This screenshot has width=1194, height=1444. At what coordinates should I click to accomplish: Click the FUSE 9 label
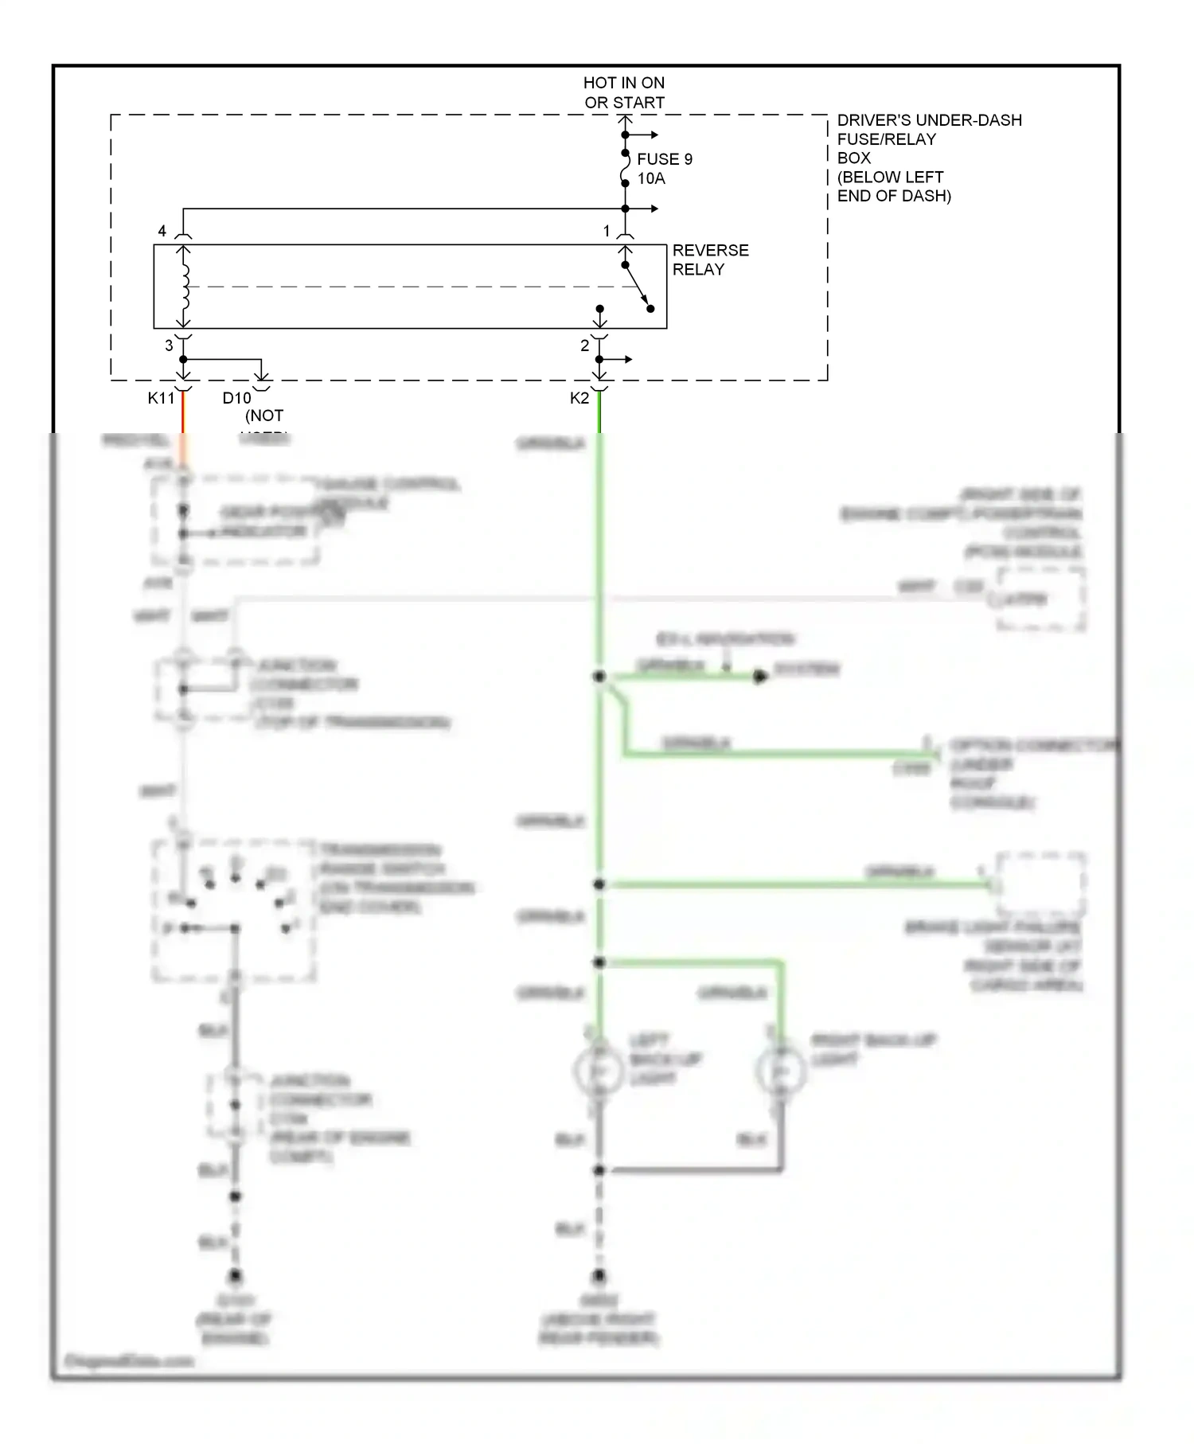(x=664, y=159)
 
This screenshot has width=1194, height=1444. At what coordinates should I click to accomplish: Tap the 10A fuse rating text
(x=650, y=178)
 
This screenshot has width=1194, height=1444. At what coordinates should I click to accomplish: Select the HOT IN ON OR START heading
(x=623, y=92)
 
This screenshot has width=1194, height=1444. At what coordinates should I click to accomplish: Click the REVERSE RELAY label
(x=710, y=260)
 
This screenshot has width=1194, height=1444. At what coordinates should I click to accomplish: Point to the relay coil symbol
(x=185, y=287)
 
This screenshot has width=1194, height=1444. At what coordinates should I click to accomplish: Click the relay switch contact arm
(x=637, y=287)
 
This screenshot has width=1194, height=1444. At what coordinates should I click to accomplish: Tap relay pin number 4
(x=162, y=231)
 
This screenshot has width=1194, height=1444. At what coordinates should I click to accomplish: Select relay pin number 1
(x=607, y=231)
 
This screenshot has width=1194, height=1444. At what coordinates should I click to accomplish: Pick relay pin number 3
(x=169, y=345)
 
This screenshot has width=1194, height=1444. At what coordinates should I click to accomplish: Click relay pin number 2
(x=584, y=345)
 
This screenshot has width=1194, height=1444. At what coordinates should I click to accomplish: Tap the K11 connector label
(x=161, y=398)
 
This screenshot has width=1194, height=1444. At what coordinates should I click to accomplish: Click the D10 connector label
(x=236, y=398)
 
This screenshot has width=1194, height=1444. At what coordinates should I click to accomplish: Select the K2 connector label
(x=579, y=398)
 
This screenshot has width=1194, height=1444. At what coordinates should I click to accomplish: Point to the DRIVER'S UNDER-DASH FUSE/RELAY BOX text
(x=928, y=158)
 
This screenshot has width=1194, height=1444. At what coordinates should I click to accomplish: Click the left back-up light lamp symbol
(x=599, y=1071)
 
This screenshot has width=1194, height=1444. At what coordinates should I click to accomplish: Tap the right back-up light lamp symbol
(x=781, y=1071)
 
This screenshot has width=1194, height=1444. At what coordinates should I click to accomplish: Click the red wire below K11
(x=183, y=414)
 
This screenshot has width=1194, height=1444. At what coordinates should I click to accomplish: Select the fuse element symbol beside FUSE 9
(x=626, y=166)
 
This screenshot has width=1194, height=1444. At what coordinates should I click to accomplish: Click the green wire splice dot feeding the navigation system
(x=599, y=677)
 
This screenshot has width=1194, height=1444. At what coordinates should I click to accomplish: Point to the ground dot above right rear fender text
(x=599, y=1276)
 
